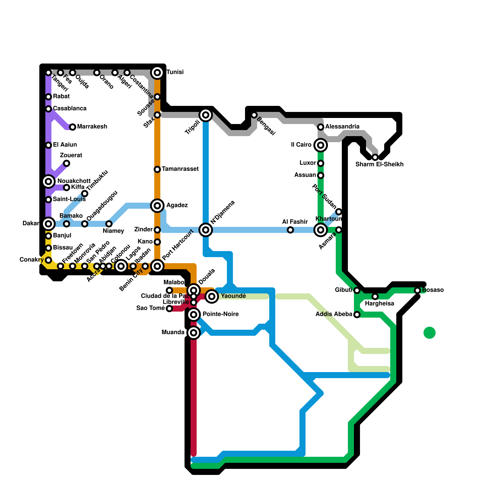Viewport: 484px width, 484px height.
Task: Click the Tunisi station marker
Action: [x=157, y=73]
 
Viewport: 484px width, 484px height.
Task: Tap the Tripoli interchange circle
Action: [x=206, y=115]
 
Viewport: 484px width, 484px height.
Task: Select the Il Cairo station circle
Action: [x=321, y=145]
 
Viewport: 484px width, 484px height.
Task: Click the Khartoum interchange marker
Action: [x=321, y=230]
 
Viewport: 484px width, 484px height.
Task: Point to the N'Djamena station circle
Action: [x=206, y=230]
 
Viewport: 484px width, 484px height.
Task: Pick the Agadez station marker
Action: [x=157, y=206]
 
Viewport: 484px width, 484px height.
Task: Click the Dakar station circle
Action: [x=48, y=224]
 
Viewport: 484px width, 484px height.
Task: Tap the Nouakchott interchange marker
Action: [x=48, y=181]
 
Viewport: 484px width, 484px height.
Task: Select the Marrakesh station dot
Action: [x=73, y=127]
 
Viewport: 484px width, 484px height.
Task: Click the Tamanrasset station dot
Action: [x=157, y=169]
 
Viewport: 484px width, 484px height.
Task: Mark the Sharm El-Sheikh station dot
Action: [x=375, y=157]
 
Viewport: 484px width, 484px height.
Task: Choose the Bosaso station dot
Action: [x=417, y=290]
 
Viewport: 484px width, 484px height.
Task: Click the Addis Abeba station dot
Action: [x=357, y=315]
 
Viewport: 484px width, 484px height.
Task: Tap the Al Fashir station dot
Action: [x=290, y=230]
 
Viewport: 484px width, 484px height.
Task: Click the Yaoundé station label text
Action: [x=233, y=296]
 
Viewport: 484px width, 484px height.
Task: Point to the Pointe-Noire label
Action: [x=221, y=314]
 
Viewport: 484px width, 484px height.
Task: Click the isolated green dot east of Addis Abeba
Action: [x=430, y=333]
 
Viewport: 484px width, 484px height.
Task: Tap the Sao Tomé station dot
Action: [x=169, y=309]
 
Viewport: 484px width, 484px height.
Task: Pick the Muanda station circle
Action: [x=194, y=333]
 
